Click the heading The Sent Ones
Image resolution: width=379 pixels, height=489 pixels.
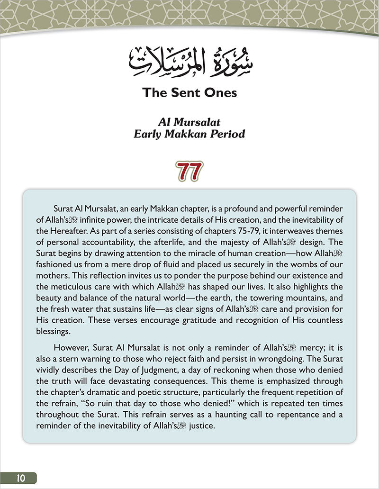point(189,92)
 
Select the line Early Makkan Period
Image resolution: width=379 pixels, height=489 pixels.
point(189,134)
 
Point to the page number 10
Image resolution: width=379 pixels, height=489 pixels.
point(19,478)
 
